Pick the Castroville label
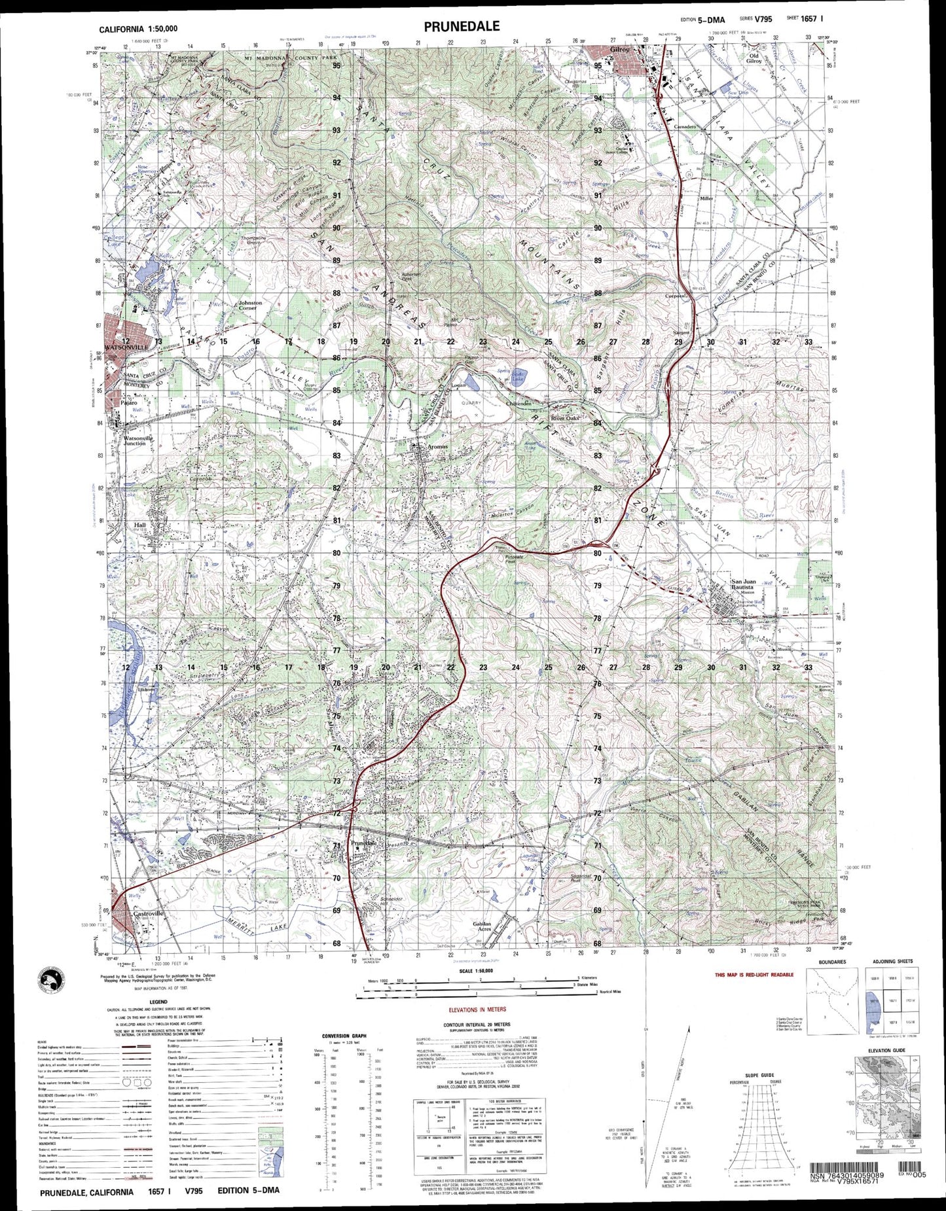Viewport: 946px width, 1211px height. (147, 913)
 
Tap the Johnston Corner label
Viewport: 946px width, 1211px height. (249, 305)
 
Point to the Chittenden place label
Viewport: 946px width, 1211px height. (518, 404)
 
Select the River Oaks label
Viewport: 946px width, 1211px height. (565, 417)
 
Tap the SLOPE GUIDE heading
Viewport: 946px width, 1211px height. (760, 1075)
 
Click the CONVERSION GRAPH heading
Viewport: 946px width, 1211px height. (344, 1036)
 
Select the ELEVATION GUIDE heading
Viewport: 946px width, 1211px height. (886, 1050)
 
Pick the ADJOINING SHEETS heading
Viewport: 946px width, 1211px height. (892, 962)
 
